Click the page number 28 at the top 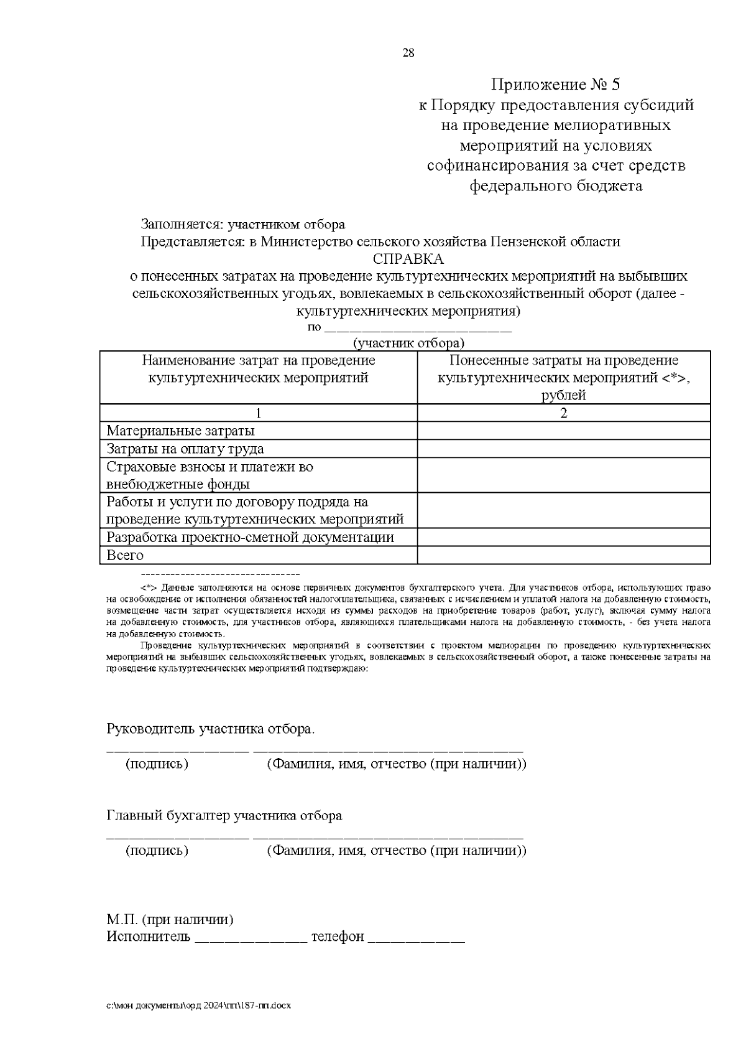click(408, 53)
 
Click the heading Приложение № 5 click(556, 85)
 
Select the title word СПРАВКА click(408, 258)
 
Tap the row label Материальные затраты click(180, 431)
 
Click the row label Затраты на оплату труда click(185, 449)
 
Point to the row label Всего click(125, 555)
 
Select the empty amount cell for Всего click(563, 555)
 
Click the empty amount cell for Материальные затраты click(563, 431)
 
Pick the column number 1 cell click(259, 413)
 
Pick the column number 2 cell click(563, 413)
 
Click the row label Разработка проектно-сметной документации click(251, 538)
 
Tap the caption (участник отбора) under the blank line click(408, 343)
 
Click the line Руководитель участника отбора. click(211, 729)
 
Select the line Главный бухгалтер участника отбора click(224, 815)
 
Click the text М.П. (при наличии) click(170, 919)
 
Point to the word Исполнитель click(149, 937)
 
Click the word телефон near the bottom click(338, 937)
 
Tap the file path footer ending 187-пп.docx click(198, 1005)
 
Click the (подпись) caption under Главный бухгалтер click(157, 850)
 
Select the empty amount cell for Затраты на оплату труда click(563, 449)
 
